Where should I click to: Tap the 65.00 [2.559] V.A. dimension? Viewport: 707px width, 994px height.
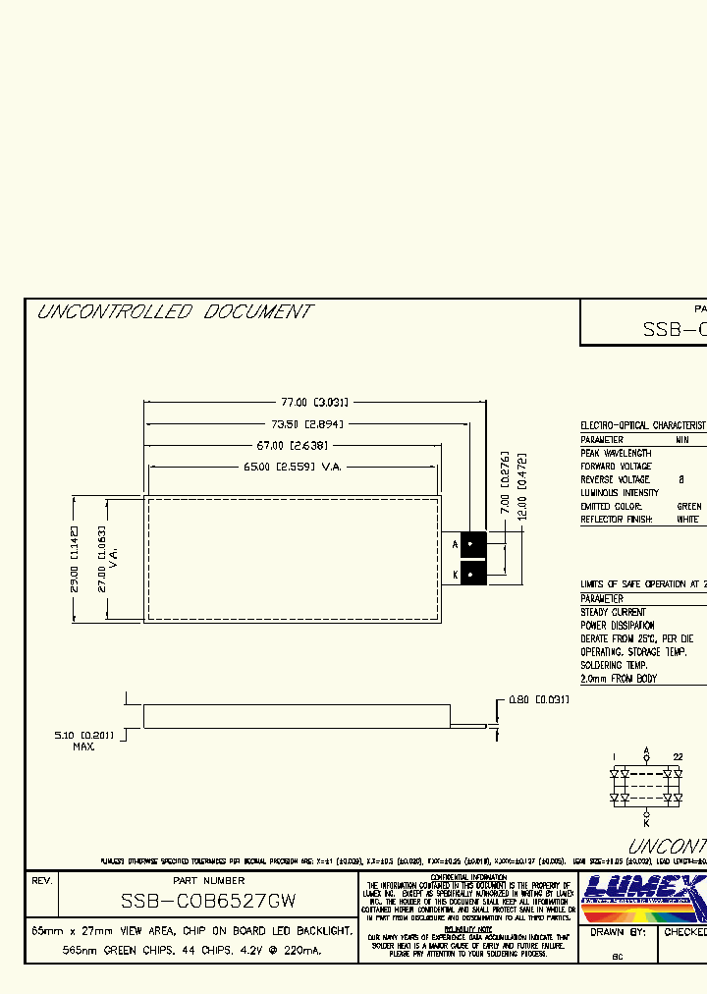[292, 467]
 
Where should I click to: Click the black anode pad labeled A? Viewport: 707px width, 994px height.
[473, 544]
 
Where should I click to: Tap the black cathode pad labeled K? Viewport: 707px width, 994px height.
[473, 575]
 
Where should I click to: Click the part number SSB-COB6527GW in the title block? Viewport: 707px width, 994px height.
[208, 900]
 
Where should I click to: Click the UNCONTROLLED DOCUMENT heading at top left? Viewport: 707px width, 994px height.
[175, 312]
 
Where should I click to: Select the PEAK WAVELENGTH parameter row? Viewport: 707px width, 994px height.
[617, 454]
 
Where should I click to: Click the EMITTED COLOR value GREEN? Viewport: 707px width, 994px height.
[689, 506]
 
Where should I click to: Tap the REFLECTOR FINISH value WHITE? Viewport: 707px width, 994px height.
[687, 519]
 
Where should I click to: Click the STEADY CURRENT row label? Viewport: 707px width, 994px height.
[614, 612]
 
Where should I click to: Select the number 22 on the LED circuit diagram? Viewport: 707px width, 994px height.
[677, 755]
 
